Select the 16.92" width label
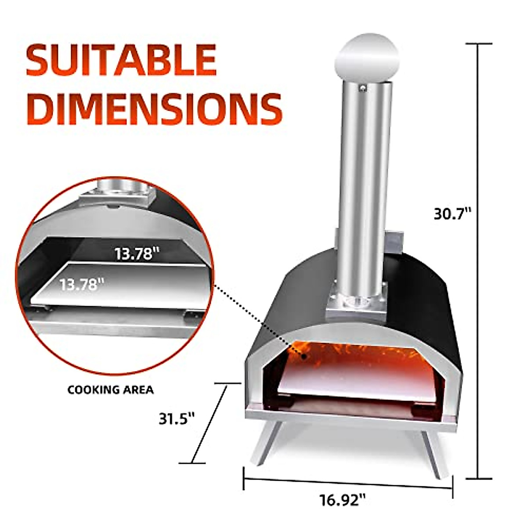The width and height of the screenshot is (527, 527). [343, 500]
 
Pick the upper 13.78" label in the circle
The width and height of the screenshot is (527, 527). [136, 254]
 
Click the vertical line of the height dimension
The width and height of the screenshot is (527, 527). [478, 263]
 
